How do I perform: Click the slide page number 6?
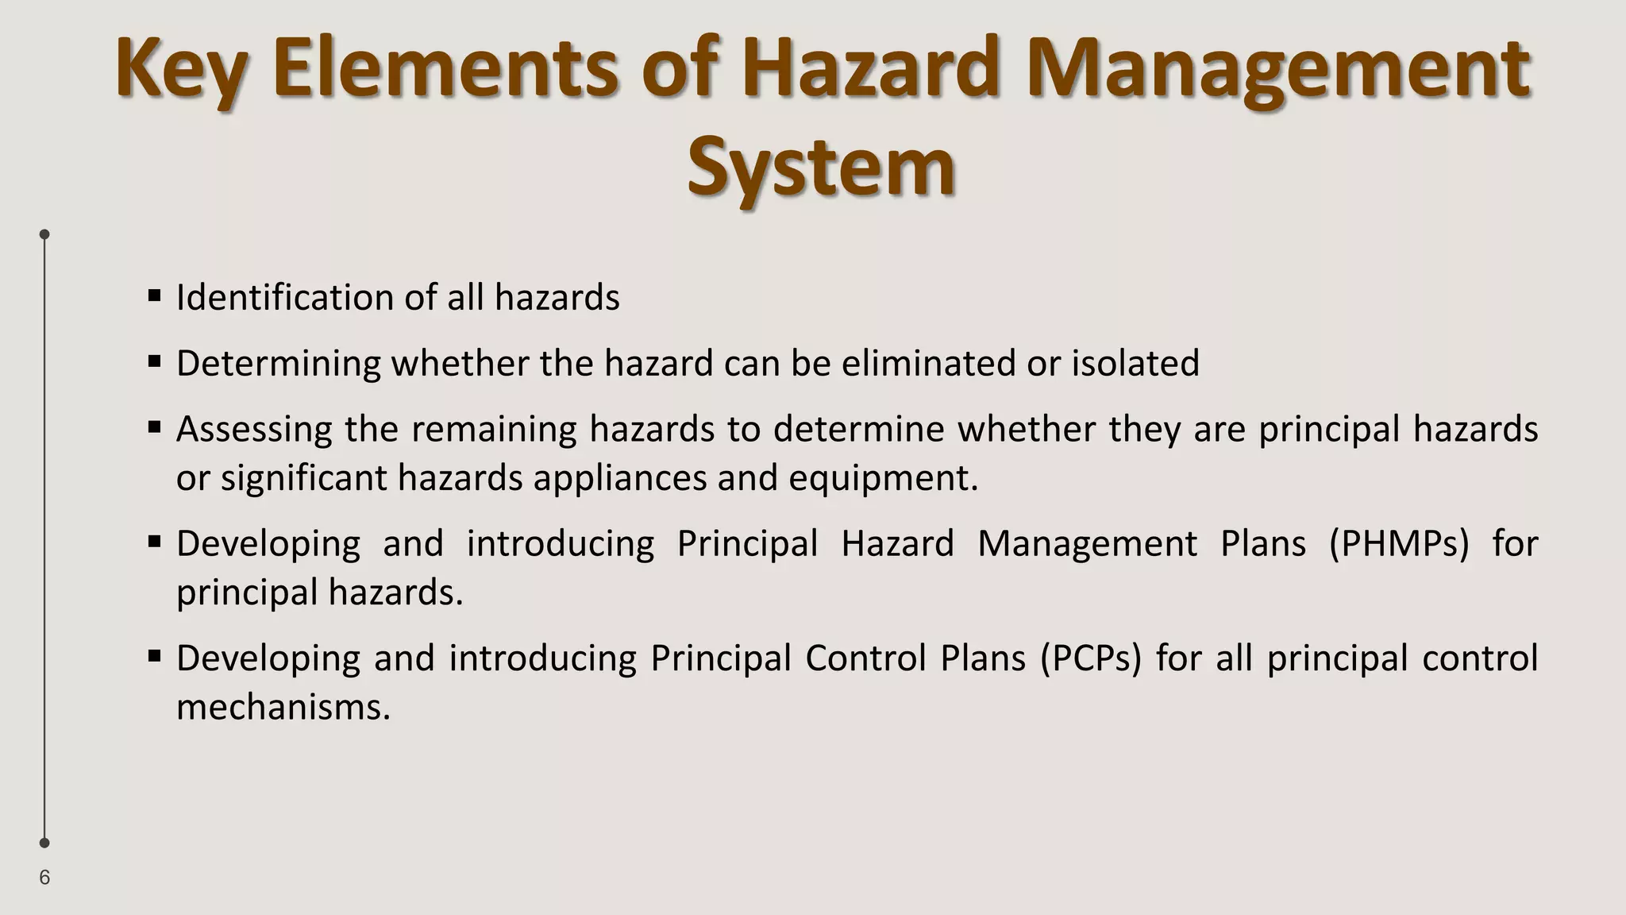[44, 878]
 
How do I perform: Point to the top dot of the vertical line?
[44, 234]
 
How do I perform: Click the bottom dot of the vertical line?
[44, 843]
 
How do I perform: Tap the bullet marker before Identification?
[155, 296]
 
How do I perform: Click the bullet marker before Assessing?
[155, 428]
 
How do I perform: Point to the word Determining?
[278, 364]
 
